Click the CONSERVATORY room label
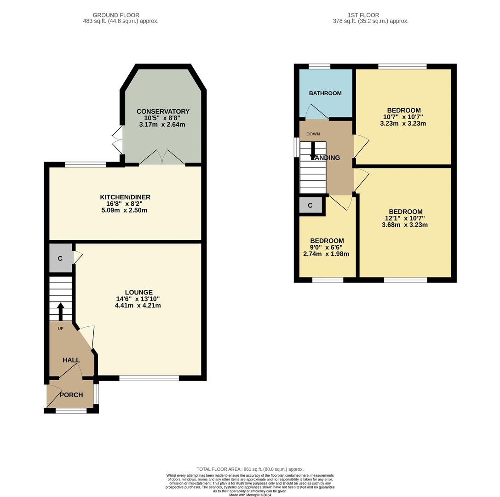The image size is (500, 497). (x=163, y=111)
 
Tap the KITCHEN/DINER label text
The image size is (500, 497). (x=125, y=197)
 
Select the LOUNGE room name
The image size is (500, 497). (x=138, y=292)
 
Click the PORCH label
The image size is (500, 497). (x=71, y=395)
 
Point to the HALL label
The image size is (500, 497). (x=71, y=360)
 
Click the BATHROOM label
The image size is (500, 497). (x=325, y=93)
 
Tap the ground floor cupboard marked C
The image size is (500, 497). (x=60, y=259)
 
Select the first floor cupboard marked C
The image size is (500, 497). (x=310, y=205)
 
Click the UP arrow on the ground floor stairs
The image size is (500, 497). (x=60, y=311)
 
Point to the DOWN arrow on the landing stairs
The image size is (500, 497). (x=313, y=150)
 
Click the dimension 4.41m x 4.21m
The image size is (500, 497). (x=138, y=305)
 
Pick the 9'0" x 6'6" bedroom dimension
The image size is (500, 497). (x=327, y=247)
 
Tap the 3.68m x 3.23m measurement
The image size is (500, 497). (x=405, y=225)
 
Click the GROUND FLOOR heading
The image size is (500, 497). (x=116, y=15)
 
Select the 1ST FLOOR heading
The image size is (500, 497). (x=363, y=15)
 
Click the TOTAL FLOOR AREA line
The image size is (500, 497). (x=250, y=469)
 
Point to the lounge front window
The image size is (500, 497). (x=149, y=378)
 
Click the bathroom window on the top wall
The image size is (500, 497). (x=319, y=66)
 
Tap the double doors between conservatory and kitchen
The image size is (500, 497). (x=162, y=158)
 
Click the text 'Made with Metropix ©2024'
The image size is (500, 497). (x=250, y=495)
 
